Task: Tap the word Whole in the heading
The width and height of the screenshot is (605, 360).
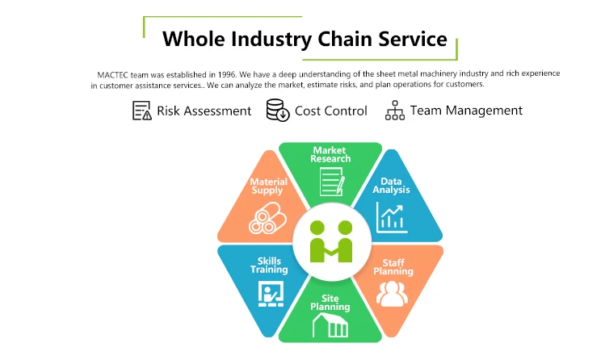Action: pos(194,39)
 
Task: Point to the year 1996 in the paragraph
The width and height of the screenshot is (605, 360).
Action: pos(226,74)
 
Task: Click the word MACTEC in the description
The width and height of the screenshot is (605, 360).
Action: pos(112,75)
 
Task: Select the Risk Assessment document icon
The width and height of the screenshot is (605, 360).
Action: pos(141,111)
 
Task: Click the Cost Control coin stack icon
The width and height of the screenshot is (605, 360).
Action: pos(278,111)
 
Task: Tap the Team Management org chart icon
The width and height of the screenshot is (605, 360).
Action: pos(395,111)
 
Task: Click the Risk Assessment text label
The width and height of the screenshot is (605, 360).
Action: pos(204,111)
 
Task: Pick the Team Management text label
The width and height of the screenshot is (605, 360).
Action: pos(466,111)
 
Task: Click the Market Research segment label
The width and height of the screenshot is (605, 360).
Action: pos(330,154)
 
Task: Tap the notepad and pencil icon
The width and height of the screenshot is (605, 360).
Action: pos(332,182)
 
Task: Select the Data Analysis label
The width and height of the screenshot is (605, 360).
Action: pos(391,186)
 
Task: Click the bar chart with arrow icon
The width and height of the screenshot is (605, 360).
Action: pos(392,218)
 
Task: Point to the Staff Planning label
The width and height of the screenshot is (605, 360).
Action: pos(393,267)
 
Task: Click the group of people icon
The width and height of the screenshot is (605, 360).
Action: pos(392,294)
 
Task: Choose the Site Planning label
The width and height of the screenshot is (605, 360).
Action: pos(330,303)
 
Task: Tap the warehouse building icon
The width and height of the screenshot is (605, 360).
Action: pos(330,325)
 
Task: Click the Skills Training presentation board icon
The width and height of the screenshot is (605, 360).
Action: pos(271,294)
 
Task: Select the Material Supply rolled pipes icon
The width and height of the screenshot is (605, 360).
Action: pos(267,218)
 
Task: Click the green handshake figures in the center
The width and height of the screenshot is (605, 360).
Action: pos(331,241)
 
